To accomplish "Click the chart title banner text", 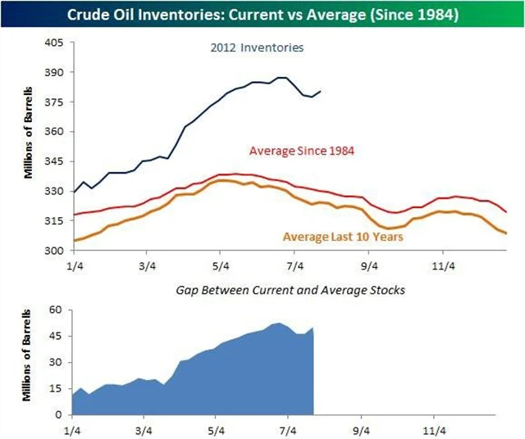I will click(262, 15).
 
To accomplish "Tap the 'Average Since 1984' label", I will click(301, 151).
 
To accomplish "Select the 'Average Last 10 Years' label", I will click(343, 238).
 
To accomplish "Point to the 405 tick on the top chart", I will click(53, 43).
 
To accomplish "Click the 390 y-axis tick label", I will click(53, 72).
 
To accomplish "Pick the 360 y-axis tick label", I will click(53, 131).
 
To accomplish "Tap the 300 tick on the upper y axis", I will click(53, 250).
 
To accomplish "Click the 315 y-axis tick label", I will click(53, 220).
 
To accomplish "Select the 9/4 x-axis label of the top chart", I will click(369, 265).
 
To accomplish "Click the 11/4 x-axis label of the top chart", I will click(443, 265).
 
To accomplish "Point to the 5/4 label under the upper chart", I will click(220, 265).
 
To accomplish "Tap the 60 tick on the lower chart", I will click(57, 310).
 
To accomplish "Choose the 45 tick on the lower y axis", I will click(57, 336).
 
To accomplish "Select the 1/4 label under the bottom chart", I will click(72, 428).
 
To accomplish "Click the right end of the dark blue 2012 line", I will click(321, 91).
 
